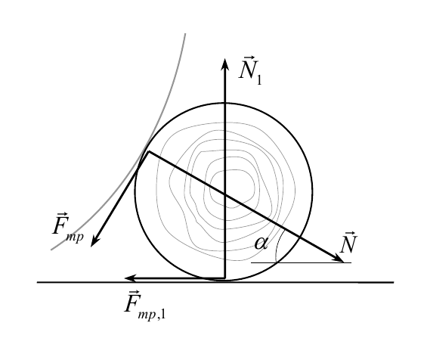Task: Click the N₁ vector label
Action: coord(250,70)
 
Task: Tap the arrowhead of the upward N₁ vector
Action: coord(224,65)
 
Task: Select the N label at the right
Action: coord(348,243)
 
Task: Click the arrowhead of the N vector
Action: coord(338,258)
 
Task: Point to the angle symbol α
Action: coord(261,243)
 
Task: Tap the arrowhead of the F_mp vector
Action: coord(94,241)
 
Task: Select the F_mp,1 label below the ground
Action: coord(145,305)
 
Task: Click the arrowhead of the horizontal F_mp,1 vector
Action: coord(130,278)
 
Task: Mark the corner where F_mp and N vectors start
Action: coord(149,151)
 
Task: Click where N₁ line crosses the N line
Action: coord(225,194)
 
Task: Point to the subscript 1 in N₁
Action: coord(258,80)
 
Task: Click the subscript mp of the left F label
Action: coord(75,237)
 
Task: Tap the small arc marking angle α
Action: coord(278,245)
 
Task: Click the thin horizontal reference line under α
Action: coord(301,262)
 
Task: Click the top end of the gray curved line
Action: coord(185,34)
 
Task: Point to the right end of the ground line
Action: coord(394,282)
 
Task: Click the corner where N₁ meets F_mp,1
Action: coord(224,278)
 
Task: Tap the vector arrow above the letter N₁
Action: coord(249,57)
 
